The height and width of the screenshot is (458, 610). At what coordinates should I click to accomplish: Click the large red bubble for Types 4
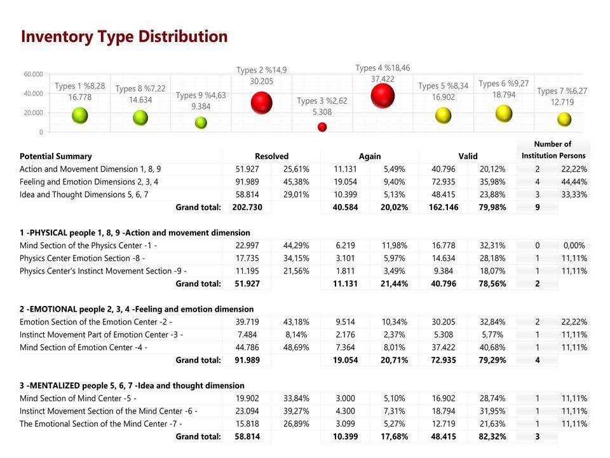click(383, 96)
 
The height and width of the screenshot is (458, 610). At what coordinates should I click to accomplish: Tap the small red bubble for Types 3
click(322, 127)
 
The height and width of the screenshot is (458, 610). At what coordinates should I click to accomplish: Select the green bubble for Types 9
click(201, 123)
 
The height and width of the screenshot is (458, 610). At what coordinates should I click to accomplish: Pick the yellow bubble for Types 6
click(504, 114)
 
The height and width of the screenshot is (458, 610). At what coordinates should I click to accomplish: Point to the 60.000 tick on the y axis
click(34, 74)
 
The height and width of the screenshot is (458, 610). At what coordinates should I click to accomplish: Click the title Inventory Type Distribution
click(124, 36)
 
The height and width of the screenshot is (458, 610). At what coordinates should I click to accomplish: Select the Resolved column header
click(271, 156)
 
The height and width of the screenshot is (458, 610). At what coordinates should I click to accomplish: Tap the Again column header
click(370, 156)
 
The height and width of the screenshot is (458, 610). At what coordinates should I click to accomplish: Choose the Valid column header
click(468, 156)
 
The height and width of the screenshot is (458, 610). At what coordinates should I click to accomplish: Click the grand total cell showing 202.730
click(247, 207)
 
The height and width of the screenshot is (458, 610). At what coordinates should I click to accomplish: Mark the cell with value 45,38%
click(296, 182)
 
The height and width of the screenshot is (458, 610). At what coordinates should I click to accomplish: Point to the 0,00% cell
click(574, 246)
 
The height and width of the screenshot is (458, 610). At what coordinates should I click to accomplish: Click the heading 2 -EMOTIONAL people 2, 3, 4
click(137, 309)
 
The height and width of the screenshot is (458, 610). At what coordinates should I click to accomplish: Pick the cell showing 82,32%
click(491, 436)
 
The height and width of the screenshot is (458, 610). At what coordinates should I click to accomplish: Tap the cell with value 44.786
click(248, 347)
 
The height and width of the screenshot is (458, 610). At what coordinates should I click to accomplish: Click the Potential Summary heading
click(55, 156)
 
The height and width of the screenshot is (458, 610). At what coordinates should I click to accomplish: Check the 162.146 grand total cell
click(444, 207)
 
